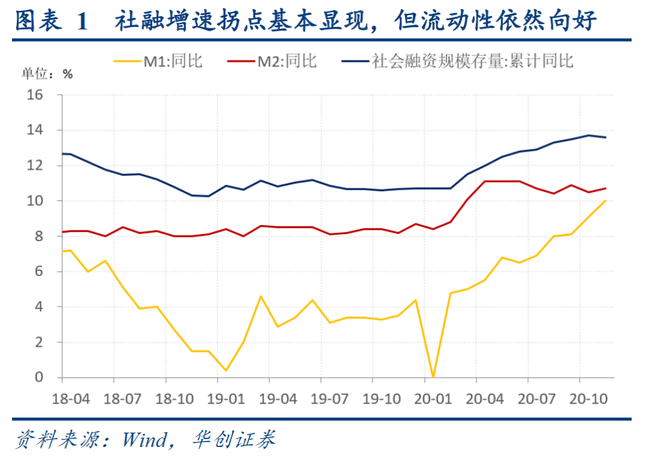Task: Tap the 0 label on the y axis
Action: (x=39, y=378)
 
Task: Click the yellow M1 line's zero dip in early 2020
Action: (x=433, y=377)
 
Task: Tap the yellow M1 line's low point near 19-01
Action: (x=225, y=370)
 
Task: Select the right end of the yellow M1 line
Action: (x=605, y=200)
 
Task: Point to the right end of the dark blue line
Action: (x=605, y=137)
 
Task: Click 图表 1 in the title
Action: (x=51, y=21)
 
